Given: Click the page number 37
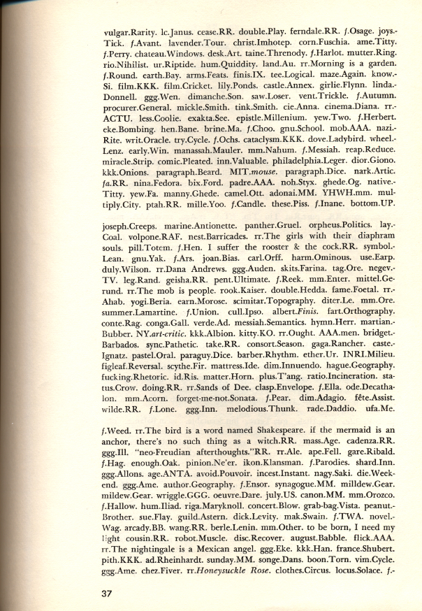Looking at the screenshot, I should click(x=105, y=593).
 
